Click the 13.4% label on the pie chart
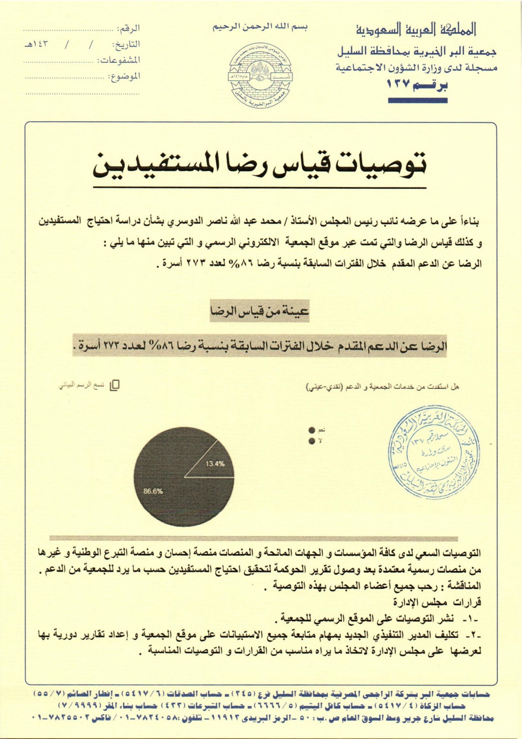click(215, 464)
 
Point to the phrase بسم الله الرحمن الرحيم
click(260, 27)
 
